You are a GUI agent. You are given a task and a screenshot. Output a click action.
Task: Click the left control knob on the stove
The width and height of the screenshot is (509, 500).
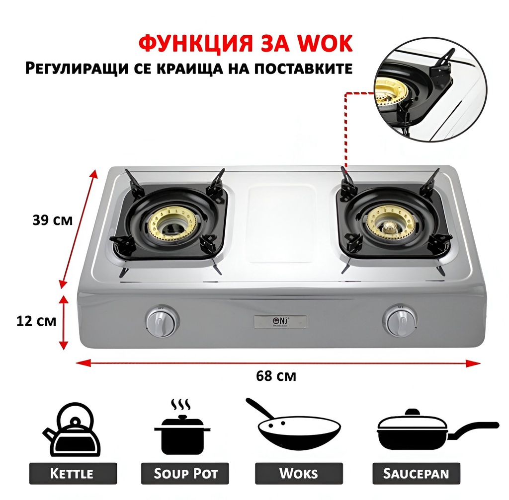point(162,321)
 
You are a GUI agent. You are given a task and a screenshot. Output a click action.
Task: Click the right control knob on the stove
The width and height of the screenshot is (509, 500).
point(400,321)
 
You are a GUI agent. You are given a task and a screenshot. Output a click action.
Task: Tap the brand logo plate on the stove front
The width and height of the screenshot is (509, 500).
point(280,322)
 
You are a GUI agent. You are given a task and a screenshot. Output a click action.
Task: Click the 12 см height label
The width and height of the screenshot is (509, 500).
point(37,321)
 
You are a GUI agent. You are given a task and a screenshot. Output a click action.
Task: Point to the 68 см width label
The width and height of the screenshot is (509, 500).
point(276,376)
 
